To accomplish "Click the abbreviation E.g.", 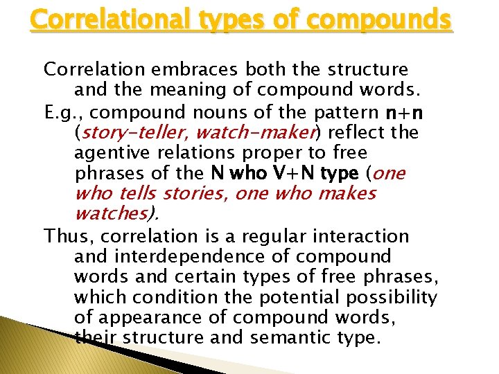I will [62, 111].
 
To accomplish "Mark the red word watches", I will [111, 214].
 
